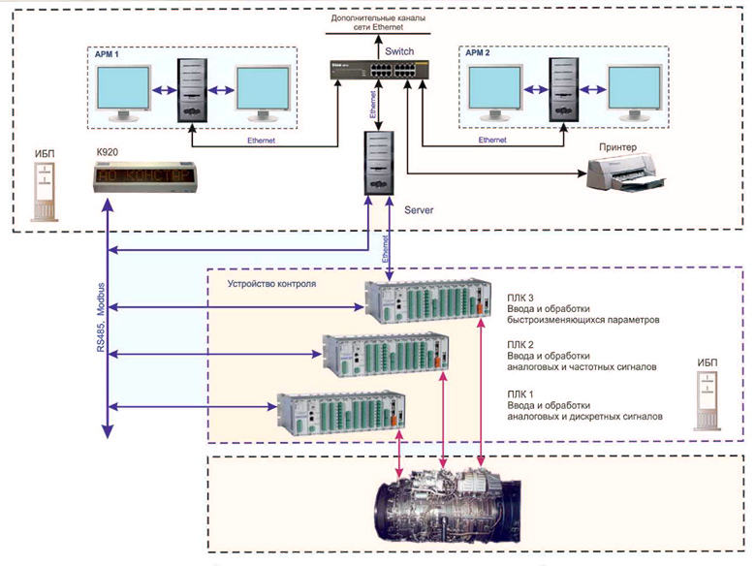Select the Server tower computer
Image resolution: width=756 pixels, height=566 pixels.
(x=379, y=164)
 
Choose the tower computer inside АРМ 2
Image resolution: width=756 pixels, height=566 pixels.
(x=559, y=91)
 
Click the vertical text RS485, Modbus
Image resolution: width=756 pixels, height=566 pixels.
(x=101, y=318)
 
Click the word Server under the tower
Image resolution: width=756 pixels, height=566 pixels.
(x=420, y=209)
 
